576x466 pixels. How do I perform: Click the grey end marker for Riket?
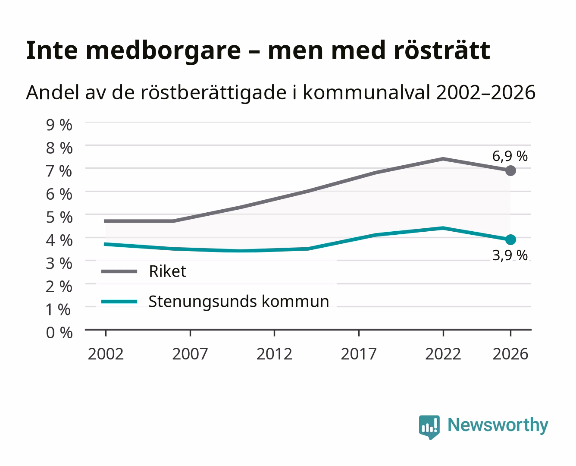[x=510, y=171]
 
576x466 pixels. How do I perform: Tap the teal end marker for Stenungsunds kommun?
[x=510, y=239]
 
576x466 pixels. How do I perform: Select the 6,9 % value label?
[x=510, y=156]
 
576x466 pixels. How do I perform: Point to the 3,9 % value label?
[x=510, y=255]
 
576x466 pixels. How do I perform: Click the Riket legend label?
[x=167, y=271]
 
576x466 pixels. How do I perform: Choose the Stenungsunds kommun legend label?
[x=239, y=302]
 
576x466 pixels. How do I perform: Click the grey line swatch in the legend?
[x=119, y=271]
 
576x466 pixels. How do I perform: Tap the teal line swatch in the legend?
[x=119, y=302]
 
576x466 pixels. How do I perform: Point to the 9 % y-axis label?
[x=59, y=125]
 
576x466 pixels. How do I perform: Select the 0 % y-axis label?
[x=59, y=333]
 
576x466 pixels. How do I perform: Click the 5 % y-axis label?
[x=59, y=217]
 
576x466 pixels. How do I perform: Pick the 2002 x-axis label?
[x=106, y=354]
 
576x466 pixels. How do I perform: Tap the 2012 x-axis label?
[x=275, y=354]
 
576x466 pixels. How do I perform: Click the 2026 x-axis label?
[x=510, y=354]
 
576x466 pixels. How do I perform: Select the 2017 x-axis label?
[x=359, y=354]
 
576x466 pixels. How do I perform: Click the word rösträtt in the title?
[x=442, y=50]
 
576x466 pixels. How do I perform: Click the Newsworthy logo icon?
[x=429, y=427]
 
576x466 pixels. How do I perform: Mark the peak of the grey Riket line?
[x=443, y=159]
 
